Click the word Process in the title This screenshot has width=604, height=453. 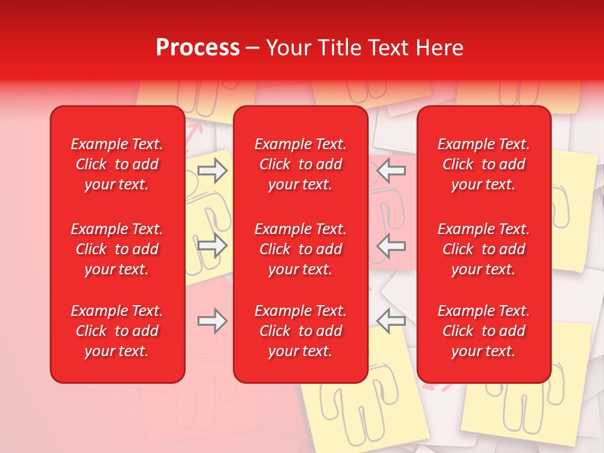tap(198, 48)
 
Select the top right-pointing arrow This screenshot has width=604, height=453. tap(212, 170)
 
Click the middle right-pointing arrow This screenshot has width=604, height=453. tap(212, 245)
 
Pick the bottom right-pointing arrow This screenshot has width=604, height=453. tap(212, 321)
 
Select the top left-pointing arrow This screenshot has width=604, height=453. tap(391, 170)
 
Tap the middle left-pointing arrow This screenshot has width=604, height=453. tap(391, 245)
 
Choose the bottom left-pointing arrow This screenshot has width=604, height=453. tap(391, 321)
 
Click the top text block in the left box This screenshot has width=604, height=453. tap(117, 164)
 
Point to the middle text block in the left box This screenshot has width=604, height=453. tap(117, 249)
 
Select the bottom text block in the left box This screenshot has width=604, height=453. tap(117, 331)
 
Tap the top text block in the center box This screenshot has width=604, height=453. tap(300, 164)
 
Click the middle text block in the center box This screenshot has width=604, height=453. tap(300, 249)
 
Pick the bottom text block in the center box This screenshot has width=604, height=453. tap(300, 331)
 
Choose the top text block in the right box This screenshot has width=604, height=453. tap(483, 164)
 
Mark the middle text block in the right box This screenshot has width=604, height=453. tap(483, 249)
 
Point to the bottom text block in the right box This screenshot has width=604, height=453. tap(483, 331)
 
